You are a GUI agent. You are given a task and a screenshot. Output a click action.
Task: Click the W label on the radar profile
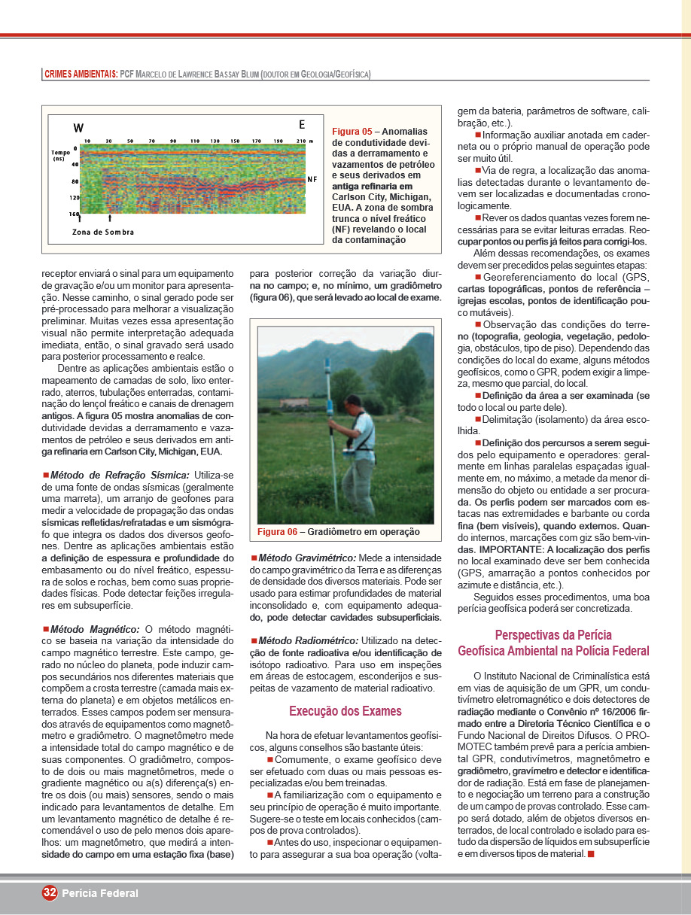(x=78, y=128)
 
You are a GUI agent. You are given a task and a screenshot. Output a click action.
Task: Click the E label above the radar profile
(x=302, y=124)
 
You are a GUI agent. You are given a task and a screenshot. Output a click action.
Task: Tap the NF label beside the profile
(x=312, y=180)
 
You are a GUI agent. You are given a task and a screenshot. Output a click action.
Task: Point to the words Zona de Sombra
(x=103, y=232)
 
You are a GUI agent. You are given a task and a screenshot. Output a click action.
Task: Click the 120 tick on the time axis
(x=74, y=198)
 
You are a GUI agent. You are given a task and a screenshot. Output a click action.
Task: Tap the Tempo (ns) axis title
(x=61, y=156)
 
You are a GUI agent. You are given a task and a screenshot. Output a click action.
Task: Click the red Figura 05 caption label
(x=352, y=131)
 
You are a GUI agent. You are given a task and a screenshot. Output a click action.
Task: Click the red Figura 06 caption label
(x=277, y=532)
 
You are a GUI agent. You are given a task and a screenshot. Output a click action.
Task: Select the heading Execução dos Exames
(x=345, y=711)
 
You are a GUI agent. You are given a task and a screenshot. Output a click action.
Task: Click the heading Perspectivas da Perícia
(x=553, y=634)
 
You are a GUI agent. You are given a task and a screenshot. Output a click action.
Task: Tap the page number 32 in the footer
(x=50, y=892)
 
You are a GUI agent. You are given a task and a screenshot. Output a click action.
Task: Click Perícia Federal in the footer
(x=100, y=893)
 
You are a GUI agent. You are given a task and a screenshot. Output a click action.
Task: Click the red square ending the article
(x=591, y=853)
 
